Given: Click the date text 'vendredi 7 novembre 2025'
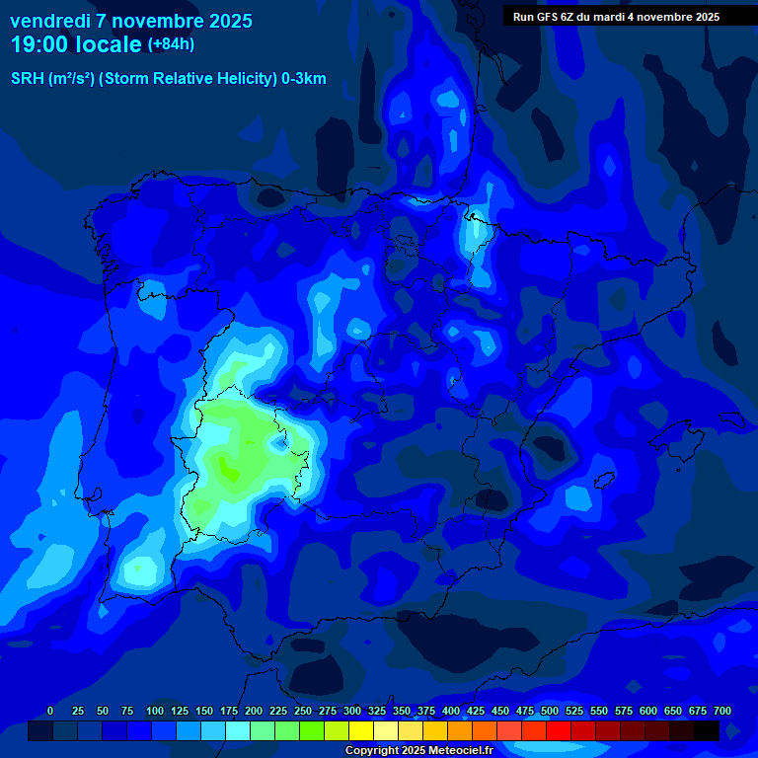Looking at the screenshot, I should (131, 21).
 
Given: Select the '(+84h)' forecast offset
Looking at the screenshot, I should (171, 44).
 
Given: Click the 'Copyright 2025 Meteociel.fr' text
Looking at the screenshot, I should (418, 751).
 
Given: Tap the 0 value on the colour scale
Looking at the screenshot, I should (50, 712).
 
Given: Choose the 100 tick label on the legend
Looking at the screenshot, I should (155, 712).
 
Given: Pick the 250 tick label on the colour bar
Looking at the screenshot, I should (303, 712).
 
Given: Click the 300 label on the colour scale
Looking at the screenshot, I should (352, 712).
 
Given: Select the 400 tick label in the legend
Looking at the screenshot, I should (451, 712).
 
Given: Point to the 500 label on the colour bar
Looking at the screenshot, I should (550, 712).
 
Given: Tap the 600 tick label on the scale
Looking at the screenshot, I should (648, 712).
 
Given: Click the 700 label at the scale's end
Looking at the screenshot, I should (721, 712).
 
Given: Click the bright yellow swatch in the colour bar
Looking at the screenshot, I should (361, 731).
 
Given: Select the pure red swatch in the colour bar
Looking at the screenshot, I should (559, 731).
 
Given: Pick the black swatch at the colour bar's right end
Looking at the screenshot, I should (707, 731).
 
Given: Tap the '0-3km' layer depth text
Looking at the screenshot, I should (303, 79).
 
